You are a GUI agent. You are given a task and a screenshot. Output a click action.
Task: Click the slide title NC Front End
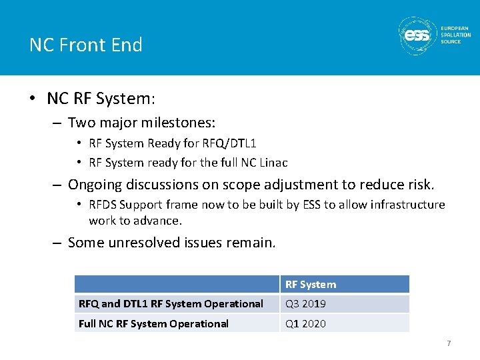pyautogui.click(x=86, y=45)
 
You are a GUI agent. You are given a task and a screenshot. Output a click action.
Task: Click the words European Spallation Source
pyautogui.click(x=455, y=35)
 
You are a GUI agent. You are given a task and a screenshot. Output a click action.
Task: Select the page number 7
pyautogui.click(x=449, y=343)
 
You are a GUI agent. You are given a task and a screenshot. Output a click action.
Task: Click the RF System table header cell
pyautogui.click(x=311, y=285)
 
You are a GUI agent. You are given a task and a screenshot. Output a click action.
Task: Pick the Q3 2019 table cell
pyautogui.click(x=305, y=304)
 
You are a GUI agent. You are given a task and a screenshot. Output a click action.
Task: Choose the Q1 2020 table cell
pyautogui.click(x=305, y=324)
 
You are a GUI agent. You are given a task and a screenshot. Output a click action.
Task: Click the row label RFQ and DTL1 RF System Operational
pyautogui.click(x=171, y=304)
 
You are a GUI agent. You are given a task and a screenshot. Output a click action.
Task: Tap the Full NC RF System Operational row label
pyautogui.click(x=153, y=324)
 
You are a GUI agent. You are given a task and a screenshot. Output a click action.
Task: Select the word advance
pyautogui.click(x=159, y=221)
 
